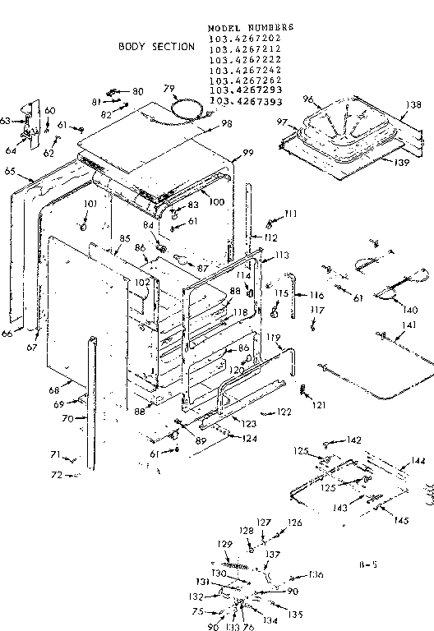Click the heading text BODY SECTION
(x=157, y=47)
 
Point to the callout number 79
(x=169, y=89)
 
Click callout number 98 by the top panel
(x=226, y=123)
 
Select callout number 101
(x=90, y=204)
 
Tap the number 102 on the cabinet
(x=141, y=282)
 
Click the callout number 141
(x=397, y=326)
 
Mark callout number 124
(x=248, y=439)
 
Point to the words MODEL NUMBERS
(x=251, y=27)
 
